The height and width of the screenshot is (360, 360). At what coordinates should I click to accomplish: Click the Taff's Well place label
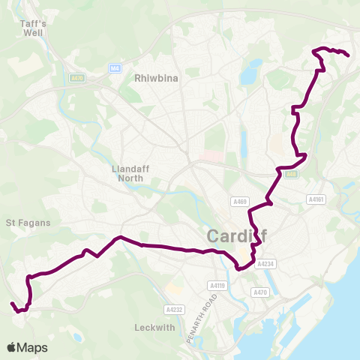coord(33,28)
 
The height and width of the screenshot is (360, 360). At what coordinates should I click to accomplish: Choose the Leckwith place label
coord(153,327)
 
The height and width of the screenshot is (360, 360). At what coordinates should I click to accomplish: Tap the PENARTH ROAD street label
coord(202,319)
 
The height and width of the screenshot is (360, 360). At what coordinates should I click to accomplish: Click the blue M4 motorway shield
coord(114,68)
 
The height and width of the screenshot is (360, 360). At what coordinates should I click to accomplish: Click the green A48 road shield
coord(292,174)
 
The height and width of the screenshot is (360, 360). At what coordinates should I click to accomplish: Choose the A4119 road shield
coord(217,285)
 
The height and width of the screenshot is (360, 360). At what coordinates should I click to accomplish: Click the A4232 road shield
coord(173,309)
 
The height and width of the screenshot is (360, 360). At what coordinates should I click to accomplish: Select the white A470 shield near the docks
coord(260,292)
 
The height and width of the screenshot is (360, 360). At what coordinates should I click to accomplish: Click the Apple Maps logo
coord(27,347)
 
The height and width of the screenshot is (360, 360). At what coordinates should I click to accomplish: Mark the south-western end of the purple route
coord(12,304)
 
